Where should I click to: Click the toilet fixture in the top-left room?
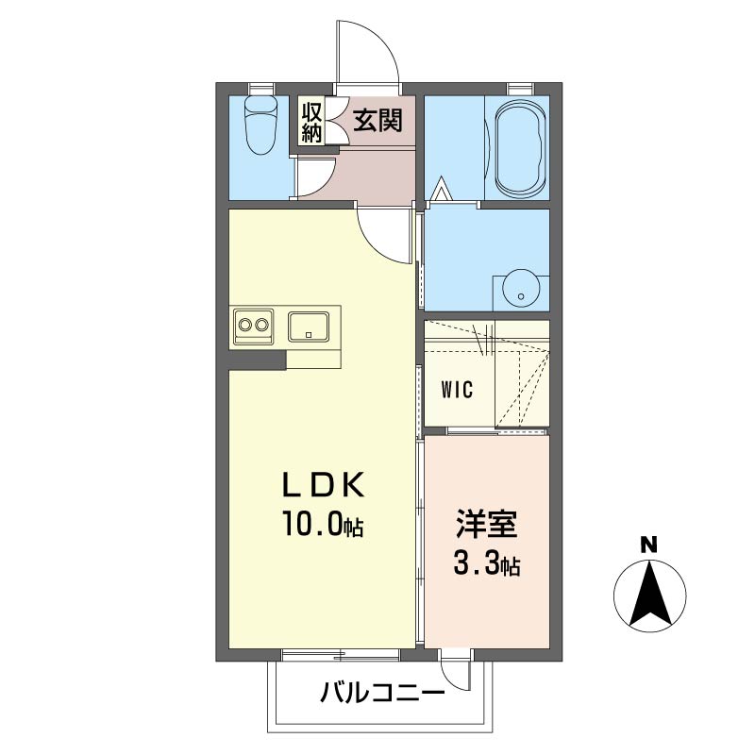coord(259,127)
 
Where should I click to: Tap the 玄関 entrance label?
coord(378,121)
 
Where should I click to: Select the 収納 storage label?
coord(312,122)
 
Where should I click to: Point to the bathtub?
coord(516,147)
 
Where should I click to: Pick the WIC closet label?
coord(457,388)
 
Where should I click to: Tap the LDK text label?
coord(324,485)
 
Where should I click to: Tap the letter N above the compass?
coord(648,545)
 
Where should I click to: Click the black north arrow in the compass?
coord(648,596)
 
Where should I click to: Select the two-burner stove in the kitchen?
coord(253,326)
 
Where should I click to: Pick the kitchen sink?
coord(308,327)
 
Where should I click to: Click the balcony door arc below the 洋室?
coord(457,672)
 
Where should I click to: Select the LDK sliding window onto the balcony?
coord(340,653)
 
